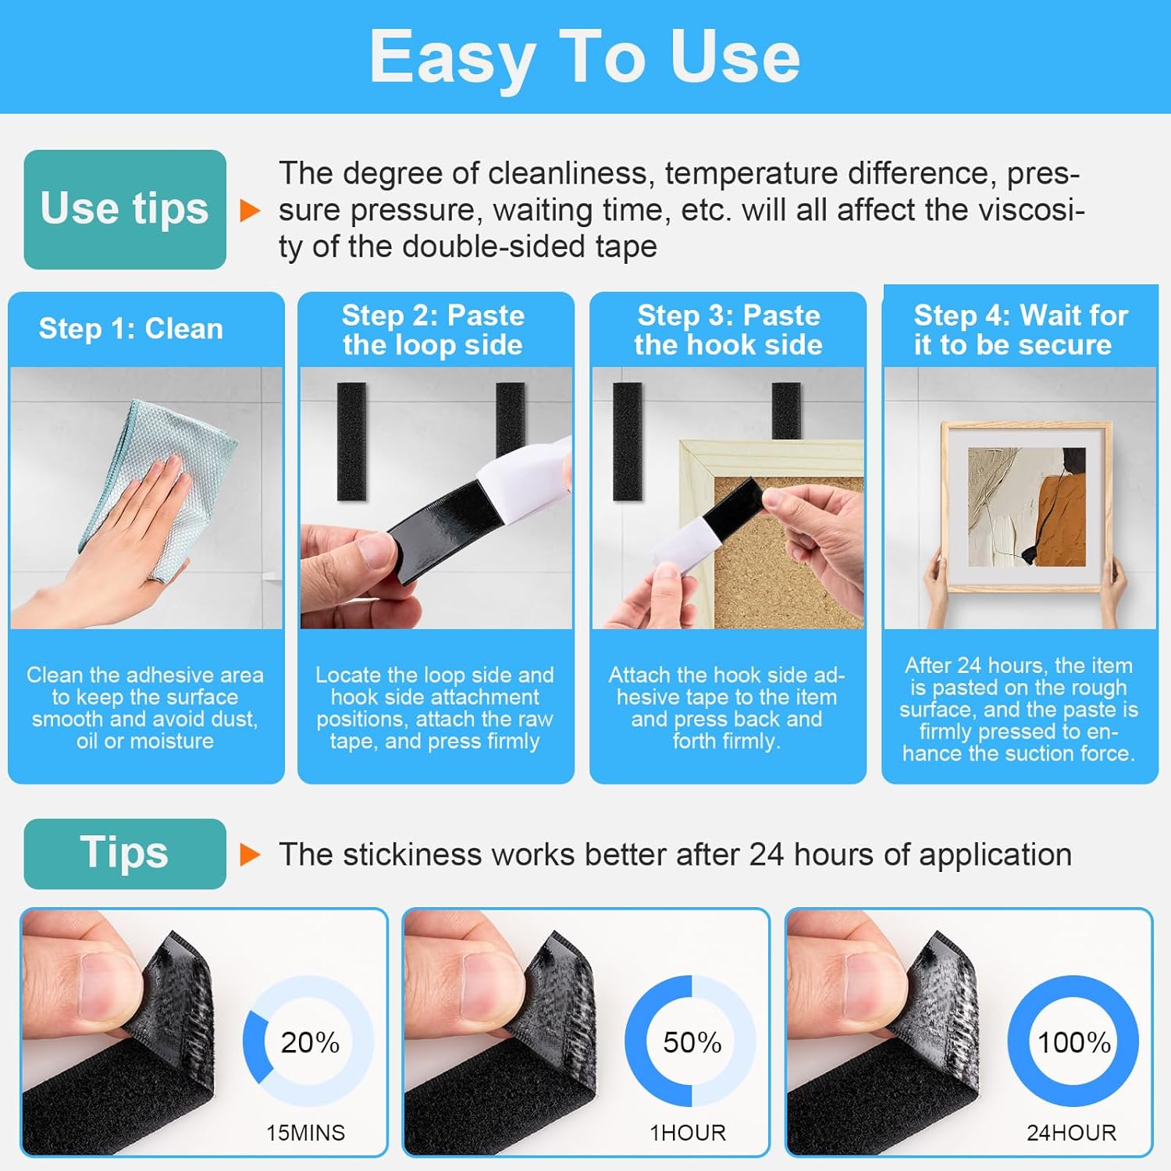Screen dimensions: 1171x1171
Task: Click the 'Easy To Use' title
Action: click(x=585, y=56)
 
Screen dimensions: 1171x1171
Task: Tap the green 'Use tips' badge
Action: click(x=125, y=209)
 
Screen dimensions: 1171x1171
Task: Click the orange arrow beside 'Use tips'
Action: click(x=250, y=210)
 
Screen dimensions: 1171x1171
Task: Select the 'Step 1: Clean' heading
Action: click(x=131, y=329)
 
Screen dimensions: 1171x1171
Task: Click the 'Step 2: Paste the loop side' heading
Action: click(x=433, y=329)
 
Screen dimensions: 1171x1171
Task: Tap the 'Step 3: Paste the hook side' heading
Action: click(x=728, y=329)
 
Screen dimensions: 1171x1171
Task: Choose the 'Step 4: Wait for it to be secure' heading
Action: click(x=1020, y=329)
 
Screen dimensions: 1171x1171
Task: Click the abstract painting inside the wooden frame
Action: click(x=1027, y=507)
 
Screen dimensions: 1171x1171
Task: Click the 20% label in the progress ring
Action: click(x=310, y=1042)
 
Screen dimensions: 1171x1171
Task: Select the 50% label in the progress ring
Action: click(x=692, y=1042)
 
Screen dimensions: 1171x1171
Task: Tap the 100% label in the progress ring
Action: click(x=1073, y=1042)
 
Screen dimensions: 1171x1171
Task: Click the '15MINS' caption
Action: click(x=305, y=1133)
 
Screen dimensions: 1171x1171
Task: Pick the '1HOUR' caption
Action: click(x=688, y=1133)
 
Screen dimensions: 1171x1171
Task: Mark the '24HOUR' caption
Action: click(x=1071, y=1133)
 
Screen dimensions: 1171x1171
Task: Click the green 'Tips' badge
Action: click(x=125, y=853)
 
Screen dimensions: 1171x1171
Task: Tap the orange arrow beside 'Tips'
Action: click(x=250, y=854)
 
